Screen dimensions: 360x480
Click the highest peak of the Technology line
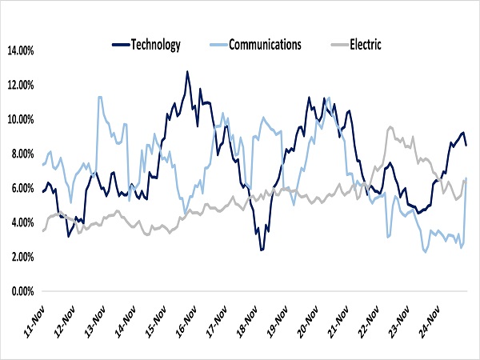(187, 72)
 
